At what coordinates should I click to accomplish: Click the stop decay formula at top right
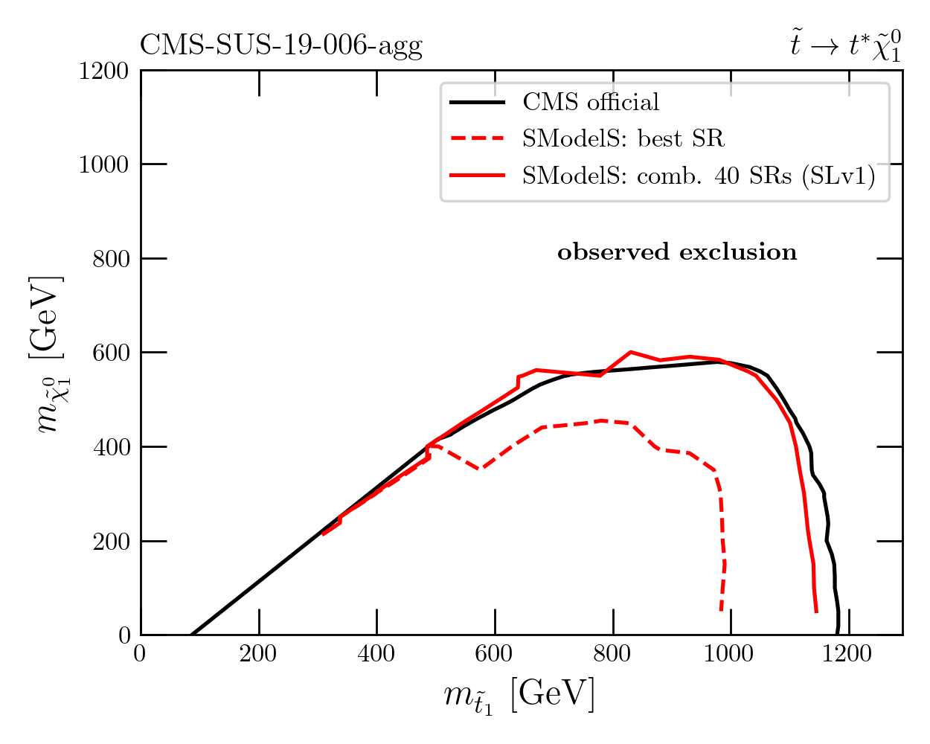tap(845, 46)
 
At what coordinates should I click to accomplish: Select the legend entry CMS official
tap(590, 102)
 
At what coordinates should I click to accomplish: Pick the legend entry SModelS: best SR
tap(622, 138)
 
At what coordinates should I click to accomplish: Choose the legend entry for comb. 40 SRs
tap(698, 176)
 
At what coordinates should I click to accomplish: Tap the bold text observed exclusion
tap(677, 253)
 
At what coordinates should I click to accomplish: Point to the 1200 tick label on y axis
tap(104, 71)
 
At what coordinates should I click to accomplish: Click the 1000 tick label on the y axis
tap(104, 164)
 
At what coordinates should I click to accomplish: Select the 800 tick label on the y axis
tap(111, 259)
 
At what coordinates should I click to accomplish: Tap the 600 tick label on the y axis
tap(111, 353)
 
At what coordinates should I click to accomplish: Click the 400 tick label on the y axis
tap(111, 447)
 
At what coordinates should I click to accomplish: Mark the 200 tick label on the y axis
tap(111, 541)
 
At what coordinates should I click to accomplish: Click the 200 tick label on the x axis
tap(258, 654)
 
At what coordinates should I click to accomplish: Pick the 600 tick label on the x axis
tap(495, 654)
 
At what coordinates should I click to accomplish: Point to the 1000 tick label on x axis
tap(731, 654)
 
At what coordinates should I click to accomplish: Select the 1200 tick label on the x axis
tap(848, 654)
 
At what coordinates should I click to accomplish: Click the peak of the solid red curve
tap(630, 352)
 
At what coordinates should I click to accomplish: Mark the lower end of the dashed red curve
tap(721, 610)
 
